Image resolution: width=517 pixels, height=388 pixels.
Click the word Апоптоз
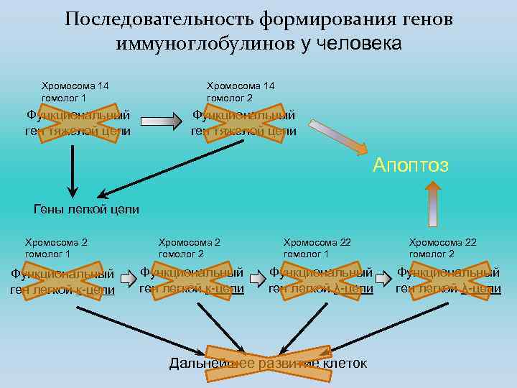(x=411, y=165)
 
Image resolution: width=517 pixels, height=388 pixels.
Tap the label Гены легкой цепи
(x=86, y=210)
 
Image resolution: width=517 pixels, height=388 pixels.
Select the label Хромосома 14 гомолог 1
(x=75, y=91)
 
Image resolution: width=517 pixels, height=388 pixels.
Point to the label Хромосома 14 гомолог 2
(x=241, y=91)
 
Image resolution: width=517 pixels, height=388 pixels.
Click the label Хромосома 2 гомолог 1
(x=57, y=248)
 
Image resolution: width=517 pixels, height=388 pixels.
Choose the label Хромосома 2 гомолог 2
(x=190, y=248)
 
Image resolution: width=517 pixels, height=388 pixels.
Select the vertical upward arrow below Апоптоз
(x=433, y=203)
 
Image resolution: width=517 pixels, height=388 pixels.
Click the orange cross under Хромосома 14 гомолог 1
(x=78, y=123)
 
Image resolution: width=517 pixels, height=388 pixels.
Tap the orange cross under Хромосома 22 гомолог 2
(x=448, y=281)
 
